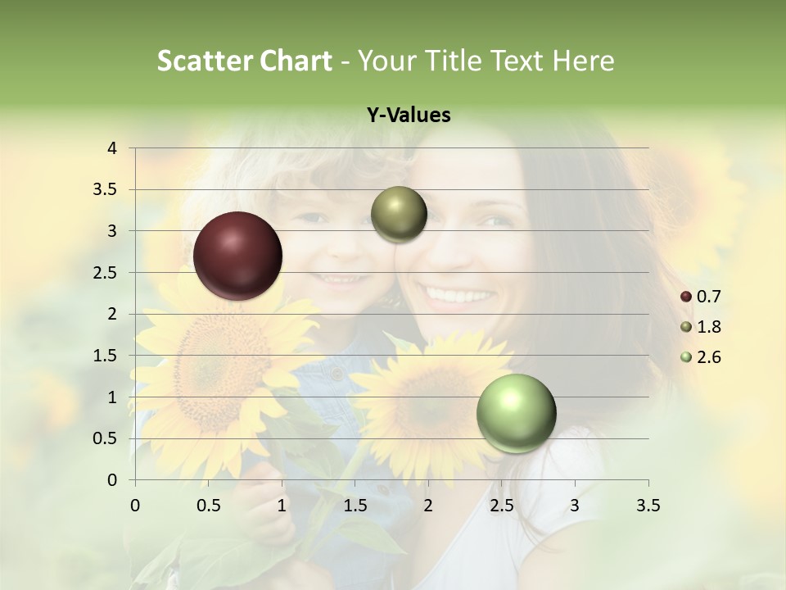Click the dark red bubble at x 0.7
238,256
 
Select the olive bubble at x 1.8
399,214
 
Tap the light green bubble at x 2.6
517,413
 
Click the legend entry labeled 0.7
701,297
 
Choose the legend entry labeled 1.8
701,327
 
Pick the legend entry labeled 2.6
701,357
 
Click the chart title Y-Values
409,116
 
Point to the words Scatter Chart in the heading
245,60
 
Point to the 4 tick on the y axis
113,148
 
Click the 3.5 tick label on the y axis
105,190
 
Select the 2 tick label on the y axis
113,314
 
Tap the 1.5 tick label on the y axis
105,356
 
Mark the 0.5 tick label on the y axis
105,438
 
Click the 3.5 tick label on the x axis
648,506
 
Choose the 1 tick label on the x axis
282,506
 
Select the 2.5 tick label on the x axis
501,506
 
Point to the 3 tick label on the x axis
575,506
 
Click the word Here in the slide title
584,60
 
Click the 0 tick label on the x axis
136,506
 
